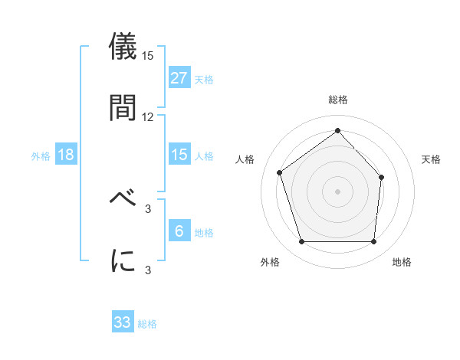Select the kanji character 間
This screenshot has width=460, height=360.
tap(123, 107)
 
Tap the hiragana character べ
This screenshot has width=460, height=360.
tap(123, 198)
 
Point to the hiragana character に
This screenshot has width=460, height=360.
tap(123, 260)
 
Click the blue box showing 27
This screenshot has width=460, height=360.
tap(179, 78)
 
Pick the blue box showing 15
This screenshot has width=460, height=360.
tap(179, 155)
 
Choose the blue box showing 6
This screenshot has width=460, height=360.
tap(179, 231)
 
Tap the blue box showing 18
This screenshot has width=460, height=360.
tap(66, 155)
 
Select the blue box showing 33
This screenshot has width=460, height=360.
tap(123, 322)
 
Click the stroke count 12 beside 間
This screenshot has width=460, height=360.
tap(148, 116)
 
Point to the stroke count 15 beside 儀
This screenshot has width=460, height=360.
tap(148, 55)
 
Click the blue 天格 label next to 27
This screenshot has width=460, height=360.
tap(204, 79)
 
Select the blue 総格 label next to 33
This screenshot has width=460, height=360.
tap(147, 324)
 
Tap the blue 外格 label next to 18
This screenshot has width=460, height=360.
tap(41, 155)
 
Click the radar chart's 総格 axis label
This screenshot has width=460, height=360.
tap(337, 100)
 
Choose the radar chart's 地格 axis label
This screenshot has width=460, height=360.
tap(402, 262)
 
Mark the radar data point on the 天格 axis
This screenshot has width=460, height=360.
tap(382, 177)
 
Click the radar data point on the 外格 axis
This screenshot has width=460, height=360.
tap(301, 242)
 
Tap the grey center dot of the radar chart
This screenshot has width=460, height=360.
tap(337, 191)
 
